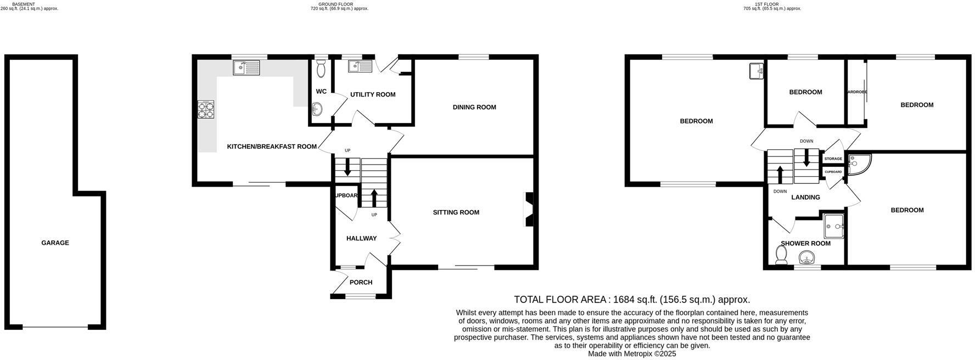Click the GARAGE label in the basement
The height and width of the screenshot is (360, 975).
click(55, 243)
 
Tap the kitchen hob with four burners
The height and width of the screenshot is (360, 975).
click(206, 110)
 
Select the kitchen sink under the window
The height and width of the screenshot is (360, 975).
click(246, 67)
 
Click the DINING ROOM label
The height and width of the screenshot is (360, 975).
click(474, 107)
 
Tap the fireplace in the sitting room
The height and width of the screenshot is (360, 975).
click(529, 209)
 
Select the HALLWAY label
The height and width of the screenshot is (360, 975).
click(361, 238)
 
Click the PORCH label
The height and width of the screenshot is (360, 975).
click(361, 282)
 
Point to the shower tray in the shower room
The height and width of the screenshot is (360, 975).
click(834, 223)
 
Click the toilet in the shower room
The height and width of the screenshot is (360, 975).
click(781, 255)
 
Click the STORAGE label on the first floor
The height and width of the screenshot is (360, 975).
click(833, 159)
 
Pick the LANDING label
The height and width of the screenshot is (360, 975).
click(805, 197)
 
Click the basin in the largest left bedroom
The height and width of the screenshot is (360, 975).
click(757, 71)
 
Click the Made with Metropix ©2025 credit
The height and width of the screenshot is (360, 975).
click(632, 354)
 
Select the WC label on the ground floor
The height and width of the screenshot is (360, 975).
click(321, 91)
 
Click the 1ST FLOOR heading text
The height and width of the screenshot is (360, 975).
click(766, 4)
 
